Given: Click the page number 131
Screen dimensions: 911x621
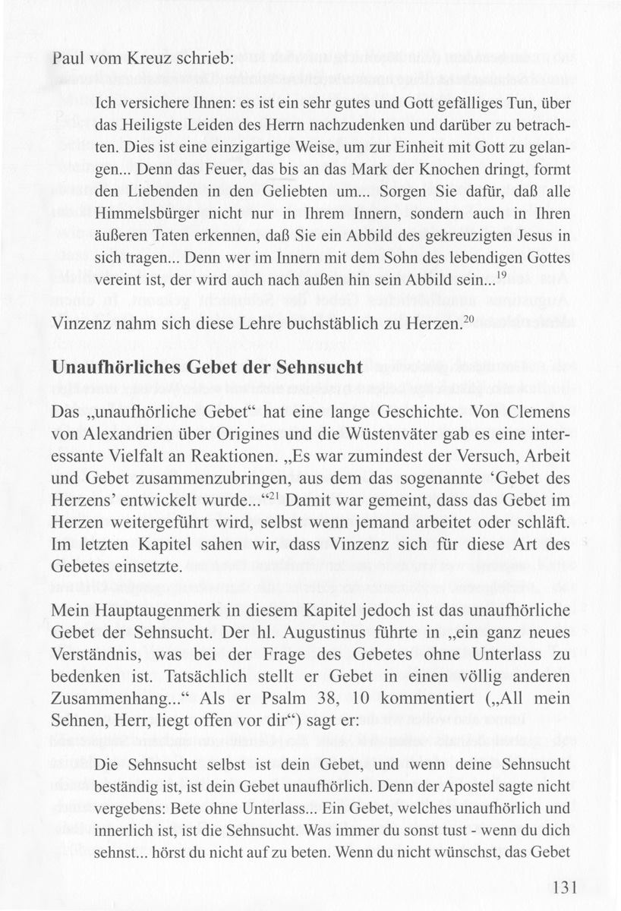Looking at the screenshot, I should point(566,887).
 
